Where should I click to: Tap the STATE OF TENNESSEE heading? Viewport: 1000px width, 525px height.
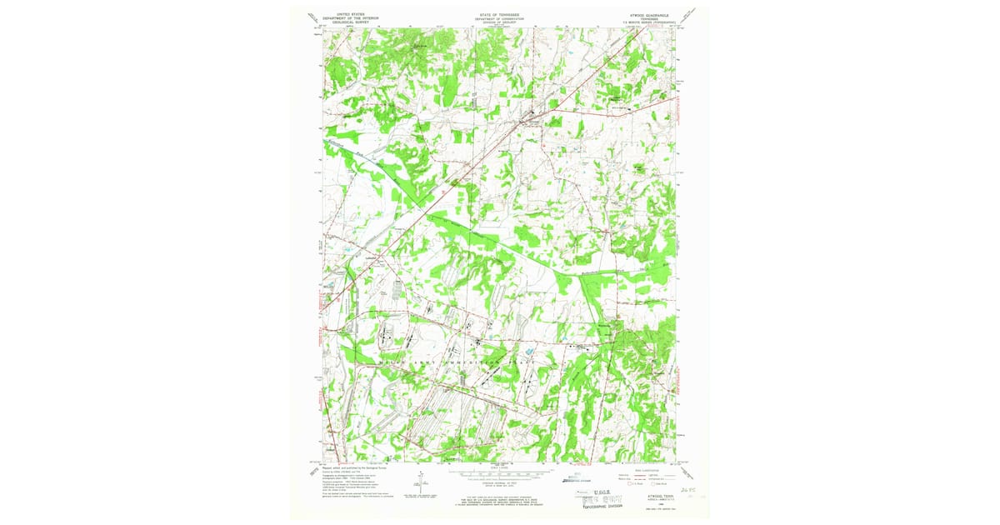(x=498, y=14)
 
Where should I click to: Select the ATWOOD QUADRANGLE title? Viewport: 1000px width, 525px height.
(x=642, y=14)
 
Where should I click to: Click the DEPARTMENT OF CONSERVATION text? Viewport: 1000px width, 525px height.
(x=498, y=18)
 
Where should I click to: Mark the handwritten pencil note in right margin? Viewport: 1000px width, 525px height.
(x=688, y=492)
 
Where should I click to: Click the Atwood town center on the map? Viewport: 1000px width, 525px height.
(x=528, y=117)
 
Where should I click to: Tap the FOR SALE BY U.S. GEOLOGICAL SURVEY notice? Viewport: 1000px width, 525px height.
(x=498, y=498)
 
